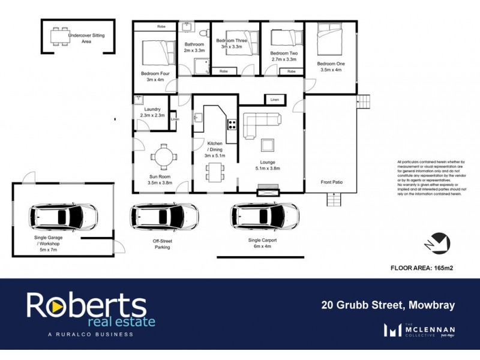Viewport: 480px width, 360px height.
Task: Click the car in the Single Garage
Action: pos(63,214)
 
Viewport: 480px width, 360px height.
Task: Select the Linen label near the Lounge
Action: pos(274,99)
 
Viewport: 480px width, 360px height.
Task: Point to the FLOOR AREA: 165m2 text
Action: pos(421,268)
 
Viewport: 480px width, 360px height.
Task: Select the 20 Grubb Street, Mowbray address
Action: pos(386,305)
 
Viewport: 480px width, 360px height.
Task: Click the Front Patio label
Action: pos(331,182)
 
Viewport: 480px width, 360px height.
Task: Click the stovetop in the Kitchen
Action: pos(231,125)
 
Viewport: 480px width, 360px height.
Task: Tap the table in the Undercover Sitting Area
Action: pos(59,37)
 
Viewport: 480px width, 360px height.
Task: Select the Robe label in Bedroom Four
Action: pos(161,27)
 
